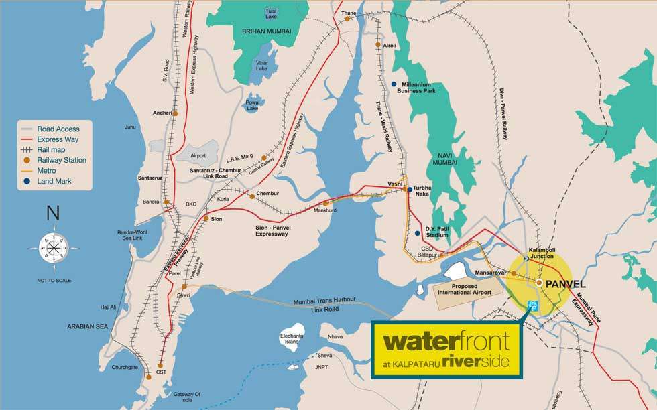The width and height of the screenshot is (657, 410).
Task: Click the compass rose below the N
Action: point(52,246)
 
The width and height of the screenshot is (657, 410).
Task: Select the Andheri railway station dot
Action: point(175,113)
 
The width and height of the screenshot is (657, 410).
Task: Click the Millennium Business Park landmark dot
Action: point(394,84)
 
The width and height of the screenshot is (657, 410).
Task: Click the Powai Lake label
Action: point(252,105)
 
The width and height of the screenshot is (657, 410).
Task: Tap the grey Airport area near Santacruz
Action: point(198,155)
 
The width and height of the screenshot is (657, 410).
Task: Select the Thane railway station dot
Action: point(348,19)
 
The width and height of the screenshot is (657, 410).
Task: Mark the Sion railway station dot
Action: point(206,218)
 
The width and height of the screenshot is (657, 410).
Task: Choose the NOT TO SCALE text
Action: point(53,280)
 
